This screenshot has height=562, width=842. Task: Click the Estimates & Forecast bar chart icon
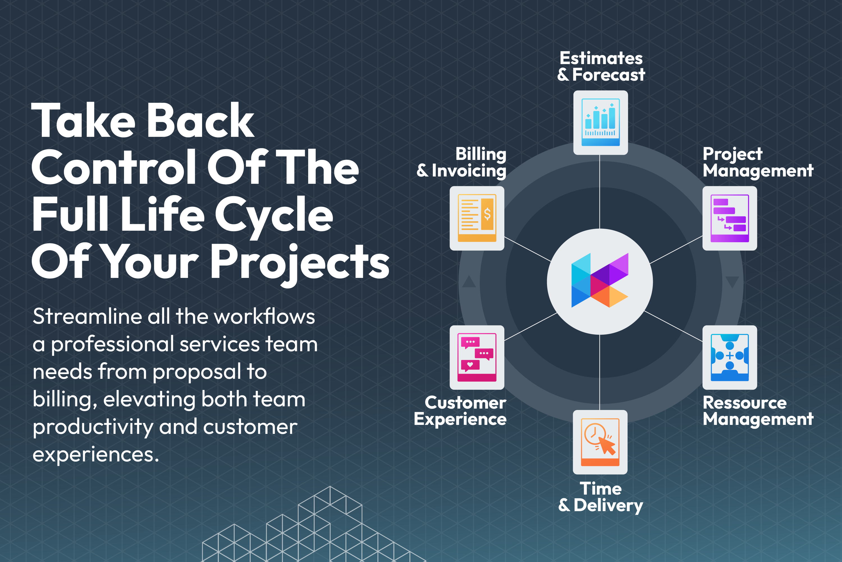click(x=600, y=122)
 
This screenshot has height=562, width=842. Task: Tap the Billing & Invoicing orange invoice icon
click(x=477, y=218)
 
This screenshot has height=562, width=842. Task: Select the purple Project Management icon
click(x=729, y=218)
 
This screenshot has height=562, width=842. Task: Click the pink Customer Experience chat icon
click(x=477, y=357)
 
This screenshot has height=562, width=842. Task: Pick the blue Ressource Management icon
click(x=729, y=357)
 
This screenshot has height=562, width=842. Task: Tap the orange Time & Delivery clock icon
click(x=600, y=442)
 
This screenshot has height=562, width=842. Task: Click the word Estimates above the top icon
click(x=601, y=58)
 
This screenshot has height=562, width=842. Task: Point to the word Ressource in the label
click(x=745, y=403)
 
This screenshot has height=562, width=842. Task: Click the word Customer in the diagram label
click(x=465, y=403)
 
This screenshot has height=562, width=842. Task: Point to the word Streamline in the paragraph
click(x=87, y=316)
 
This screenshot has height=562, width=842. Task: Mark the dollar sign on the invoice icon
click(x=487, y=214)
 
